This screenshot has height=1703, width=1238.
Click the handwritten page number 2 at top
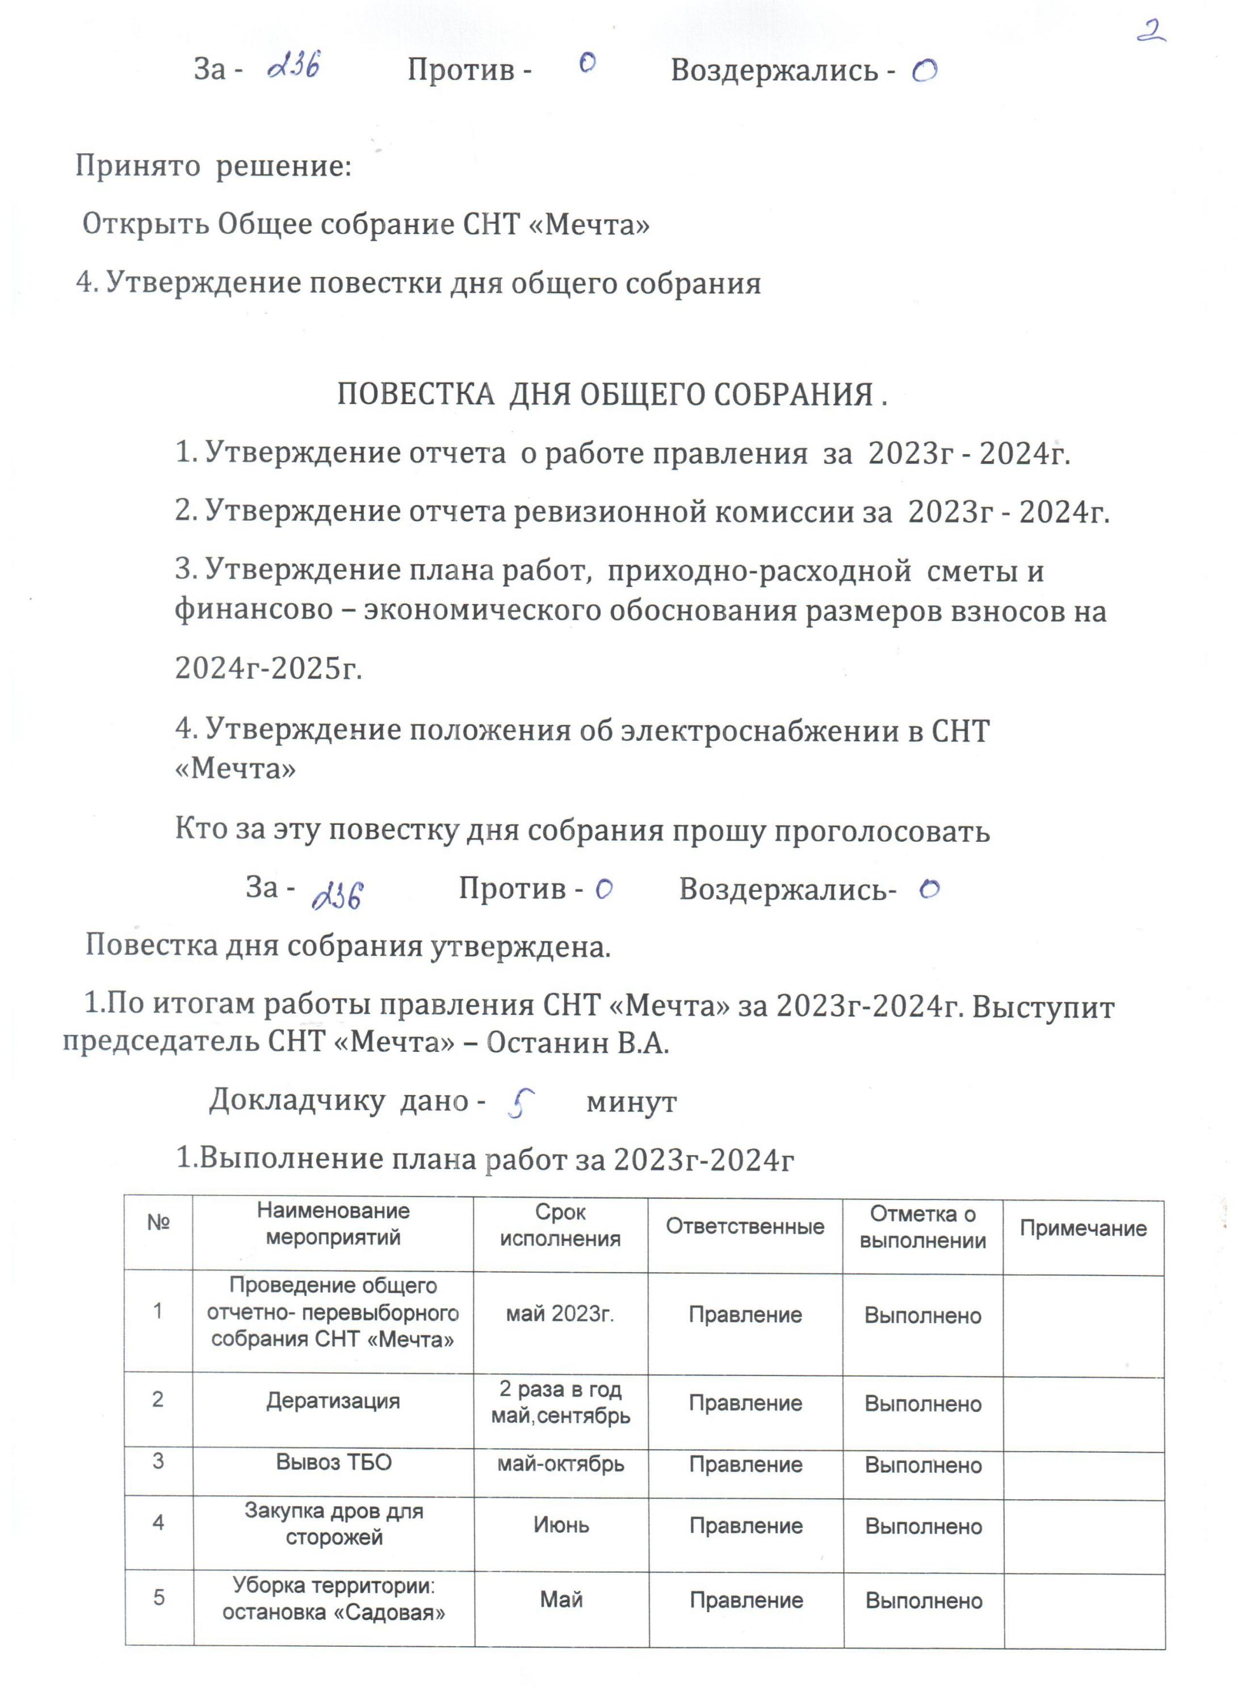click(1149, 32)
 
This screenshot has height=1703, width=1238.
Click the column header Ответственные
click(745, 1227)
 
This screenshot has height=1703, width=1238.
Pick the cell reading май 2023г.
click(560, 1314)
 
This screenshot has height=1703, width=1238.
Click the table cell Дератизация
click(333, 1401)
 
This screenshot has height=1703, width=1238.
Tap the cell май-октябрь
click(561, 1463)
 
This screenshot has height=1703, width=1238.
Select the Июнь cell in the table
click(561, 1524)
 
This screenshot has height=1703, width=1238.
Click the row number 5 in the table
click(158, 1597)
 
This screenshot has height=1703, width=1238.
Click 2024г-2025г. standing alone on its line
click(268, 667)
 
